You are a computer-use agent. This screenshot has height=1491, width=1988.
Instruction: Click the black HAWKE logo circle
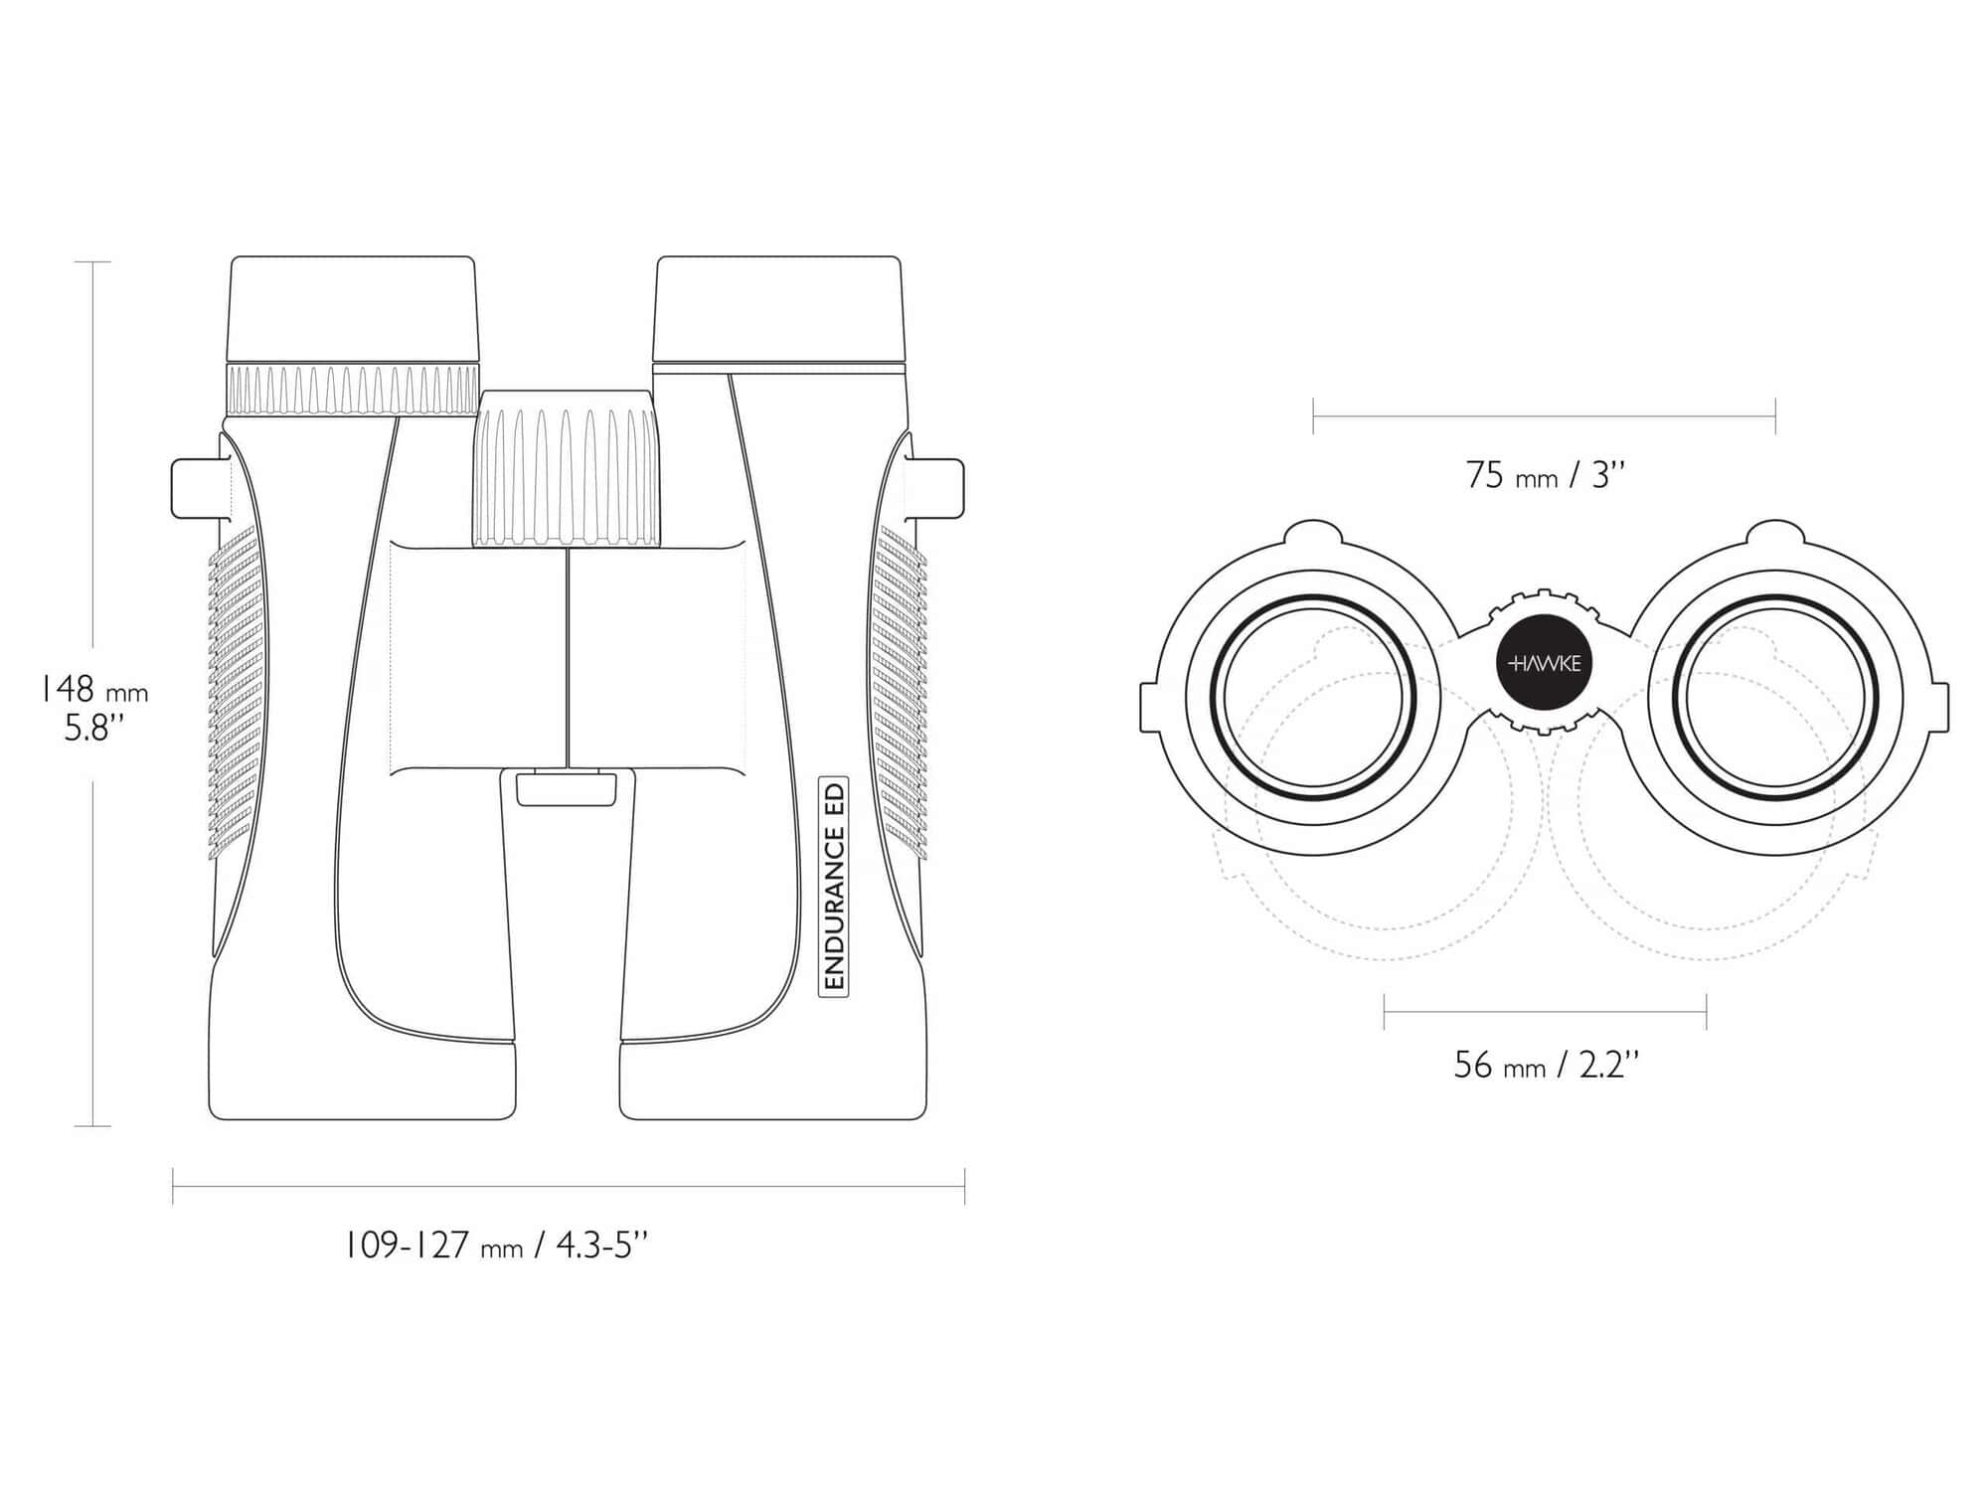(x=1545, y=663)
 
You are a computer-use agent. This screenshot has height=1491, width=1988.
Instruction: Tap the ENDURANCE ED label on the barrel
(x=833, y=886)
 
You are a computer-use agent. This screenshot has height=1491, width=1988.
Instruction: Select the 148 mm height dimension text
(x=92, y=689)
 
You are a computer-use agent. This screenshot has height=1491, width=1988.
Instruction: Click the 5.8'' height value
(x=93, y=729)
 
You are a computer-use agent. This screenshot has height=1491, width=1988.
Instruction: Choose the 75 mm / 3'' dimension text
(x=1546, y=475)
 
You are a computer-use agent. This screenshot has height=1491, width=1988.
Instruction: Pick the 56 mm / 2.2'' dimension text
(x=1546, y=1065)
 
